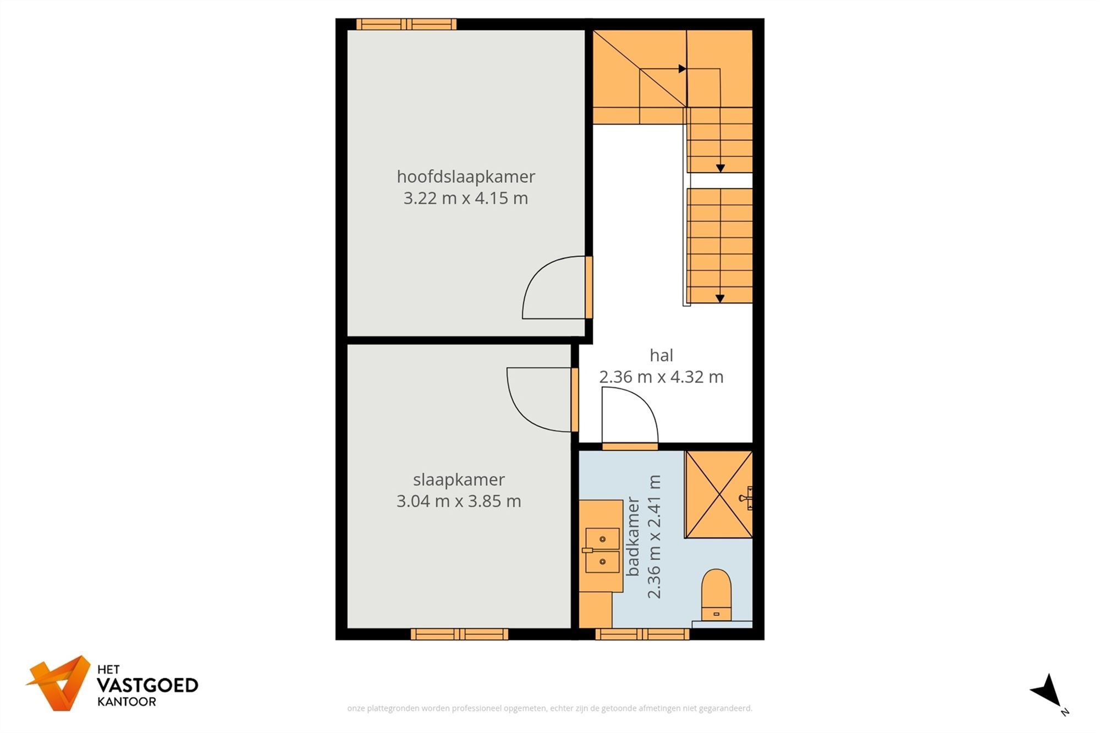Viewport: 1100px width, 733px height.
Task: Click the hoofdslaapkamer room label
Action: [x=465, y=177]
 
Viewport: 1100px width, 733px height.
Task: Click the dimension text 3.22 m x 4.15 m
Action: [x=465, y=198]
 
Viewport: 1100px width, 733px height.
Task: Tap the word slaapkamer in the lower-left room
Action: [x=459, y=480]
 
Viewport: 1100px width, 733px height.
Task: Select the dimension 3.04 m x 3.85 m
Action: [x=459, y=501]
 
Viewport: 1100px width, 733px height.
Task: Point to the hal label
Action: [x=661, y=355]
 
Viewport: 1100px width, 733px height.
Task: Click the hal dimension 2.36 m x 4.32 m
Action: [x=661, y=377]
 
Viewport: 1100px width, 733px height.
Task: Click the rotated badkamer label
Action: [x=633, y=536]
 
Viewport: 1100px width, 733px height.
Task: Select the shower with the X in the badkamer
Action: [x=718, y=494]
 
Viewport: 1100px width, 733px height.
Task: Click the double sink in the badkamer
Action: [x=602, y=550]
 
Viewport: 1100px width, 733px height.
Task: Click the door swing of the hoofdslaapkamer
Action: [x=553, y=288]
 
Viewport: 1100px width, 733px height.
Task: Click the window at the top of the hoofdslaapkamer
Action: [x=406, y=24]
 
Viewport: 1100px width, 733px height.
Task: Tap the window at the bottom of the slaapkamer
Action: [x=459, y=635]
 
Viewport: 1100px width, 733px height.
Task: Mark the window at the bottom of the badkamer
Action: [x=642, y=635]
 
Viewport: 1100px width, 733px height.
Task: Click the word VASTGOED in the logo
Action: [x=147, y=685]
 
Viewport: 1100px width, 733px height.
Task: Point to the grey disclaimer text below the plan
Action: [x=549, y=708]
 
